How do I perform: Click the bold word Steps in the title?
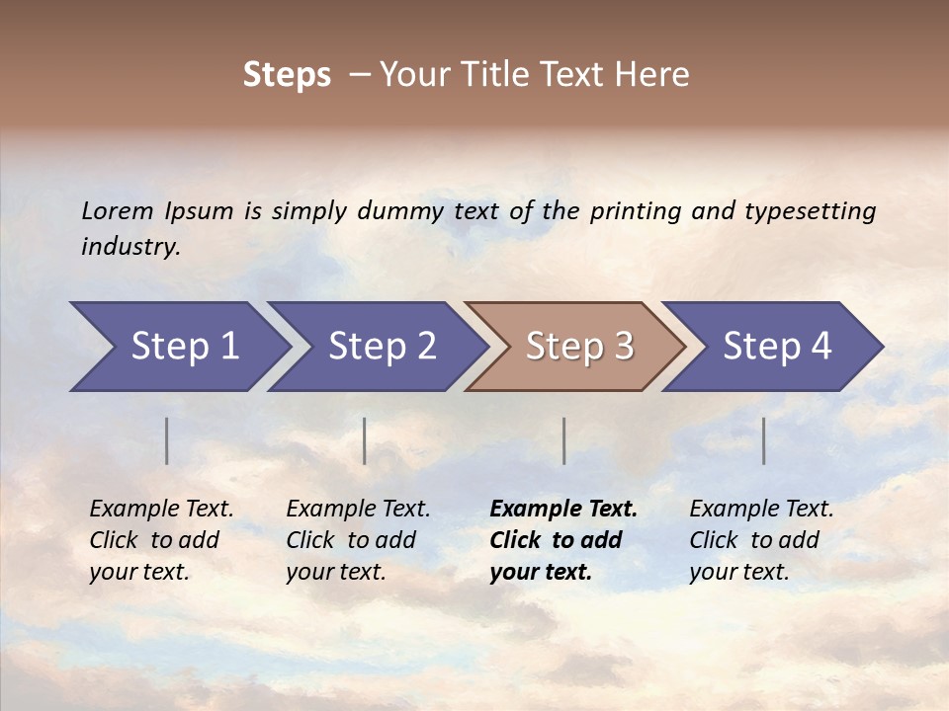click(287, 75)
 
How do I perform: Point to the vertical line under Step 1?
click(167, 440)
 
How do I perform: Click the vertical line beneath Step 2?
click(365, 440)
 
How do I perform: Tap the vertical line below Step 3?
click(564, 440)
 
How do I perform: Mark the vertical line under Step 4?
click(764, 440)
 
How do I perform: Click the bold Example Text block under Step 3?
click(563, 540)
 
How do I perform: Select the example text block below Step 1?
click(161, 540)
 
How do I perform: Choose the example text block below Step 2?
click(358, 540)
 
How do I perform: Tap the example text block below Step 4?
click(761, 540)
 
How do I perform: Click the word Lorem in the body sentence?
click(118, 210)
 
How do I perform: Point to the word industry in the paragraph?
click(130, 247)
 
